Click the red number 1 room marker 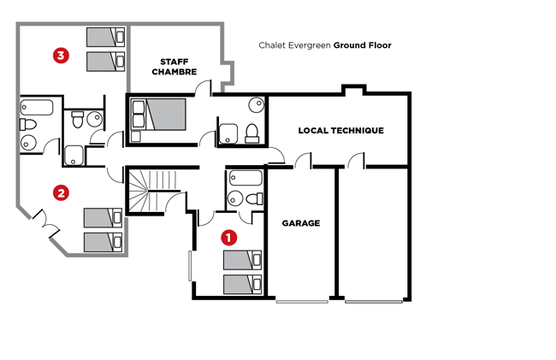tap(228, 238)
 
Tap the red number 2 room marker tap(61, 193)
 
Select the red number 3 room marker tap(61, 56)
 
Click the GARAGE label tap(301, 223)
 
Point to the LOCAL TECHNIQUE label tap(340, 130)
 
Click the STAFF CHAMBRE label tap(174, 67)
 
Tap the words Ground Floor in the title tap(363, 45)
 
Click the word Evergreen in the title tap(309, 45)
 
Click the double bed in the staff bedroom tap(159, 115)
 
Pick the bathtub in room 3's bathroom tap(37, 108)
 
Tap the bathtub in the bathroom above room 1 tap(245, 178)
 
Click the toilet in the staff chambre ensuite tap(252, 133)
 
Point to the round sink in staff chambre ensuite tap(257, 104)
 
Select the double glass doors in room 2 tap(45, 223)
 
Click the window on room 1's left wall tap(190, 266)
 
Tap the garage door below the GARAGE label tap(302, 302)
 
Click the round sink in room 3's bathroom tap(28, 143)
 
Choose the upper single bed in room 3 tap(106, 38)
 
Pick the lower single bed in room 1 tap(243, 285)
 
